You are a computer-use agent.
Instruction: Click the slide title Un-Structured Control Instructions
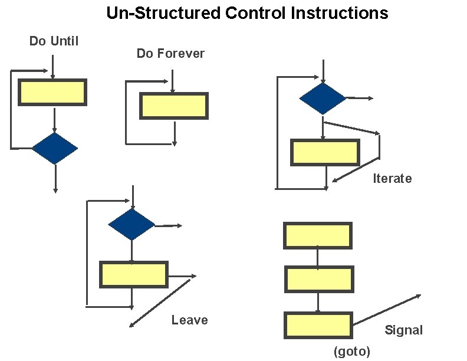click(247, 13)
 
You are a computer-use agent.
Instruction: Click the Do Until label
click(54, 41)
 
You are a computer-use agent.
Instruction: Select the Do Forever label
click(170, 54)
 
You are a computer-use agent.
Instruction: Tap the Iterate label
click(392, 179)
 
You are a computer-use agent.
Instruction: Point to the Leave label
click(189, 320)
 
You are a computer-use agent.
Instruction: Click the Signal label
click(404, 330)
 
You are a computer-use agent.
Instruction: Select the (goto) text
click(352, 352)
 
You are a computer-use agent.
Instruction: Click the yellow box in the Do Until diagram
click(52, 93)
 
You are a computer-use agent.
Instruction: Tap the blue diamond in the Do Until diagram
click(54, 149)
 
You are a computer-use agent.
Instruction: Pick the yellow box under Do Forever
click(173, 106)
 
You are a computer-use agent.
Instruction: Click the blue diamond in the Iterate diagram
click(323, 99)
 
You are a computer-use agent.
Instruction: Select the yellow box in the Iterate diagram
click(325, 152)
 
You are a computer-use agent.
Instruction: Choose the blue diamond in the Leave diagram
click(131, 225)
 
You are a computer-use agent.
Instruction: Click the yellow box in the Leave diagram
click(134, 274)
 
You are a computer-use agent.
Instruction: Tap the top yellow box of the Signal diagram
click(318, 235)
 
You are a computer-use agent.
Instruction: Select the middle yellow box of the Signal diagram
click(319, 279)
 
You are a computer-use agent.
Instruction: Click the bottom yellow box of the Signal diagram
click(318, 325)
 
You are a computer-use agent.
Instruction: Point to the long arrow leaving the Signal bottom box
click(387, 309)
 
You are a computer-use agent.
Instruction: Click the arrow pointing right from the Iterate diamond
click(359, 98)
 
